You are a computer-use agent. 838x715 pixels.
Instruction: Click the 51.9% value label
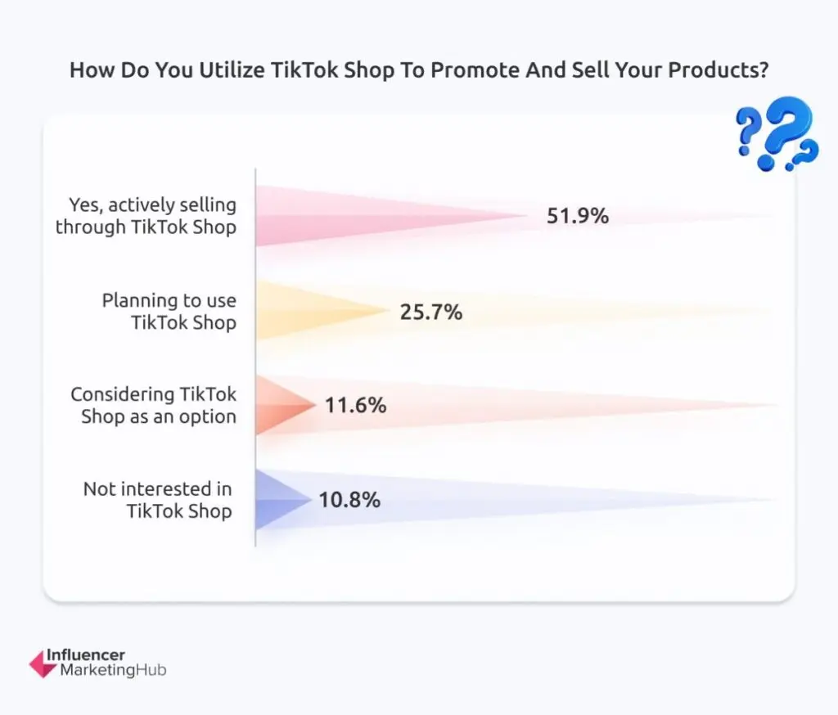578,217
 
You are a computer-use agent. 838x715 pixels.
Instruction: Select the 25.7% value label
431,312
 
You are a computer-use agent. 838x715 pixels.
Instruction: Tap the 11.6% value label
355,405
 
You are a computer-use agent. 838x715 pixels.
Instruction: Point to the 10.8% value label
349,500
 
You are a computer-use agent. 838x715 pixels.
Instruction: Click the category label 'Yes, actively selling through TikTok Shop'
146,216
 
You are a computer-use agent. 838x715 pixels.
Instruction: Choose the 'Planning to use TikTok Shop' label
169,312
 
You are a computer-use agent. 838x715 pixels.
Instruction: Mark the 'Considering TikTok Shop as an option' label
154,405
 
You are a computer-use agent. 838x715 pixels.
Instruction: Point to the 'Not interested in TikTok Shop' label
158,500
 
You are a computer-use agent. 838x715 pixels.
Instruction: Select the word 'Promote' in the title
470,70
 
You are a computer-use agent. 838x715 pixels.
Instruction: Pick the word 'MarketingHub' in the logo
113,671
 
